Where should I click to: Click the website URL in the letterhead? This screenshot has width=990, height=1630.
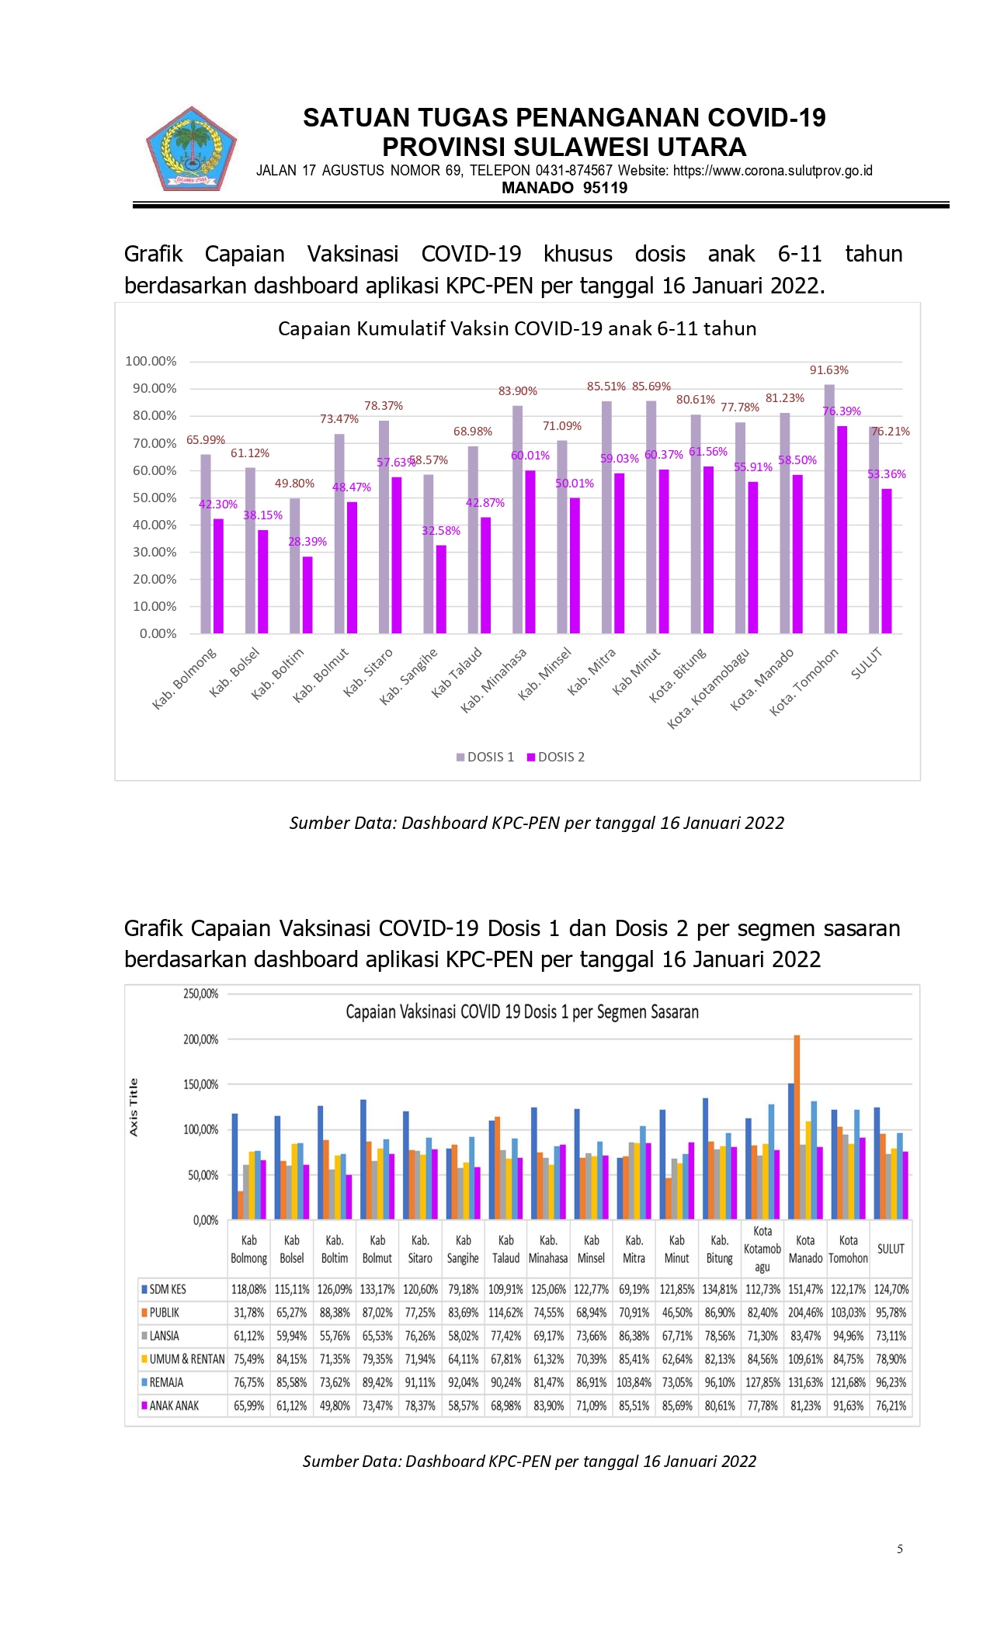tap(773, 171)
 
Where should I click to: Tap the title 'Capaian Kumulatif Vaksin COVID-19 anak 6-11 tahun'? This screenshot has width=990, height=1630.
tap(517, 328)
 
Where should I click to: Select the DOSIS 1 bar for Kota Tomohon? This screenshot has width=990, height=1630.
tap(829, 508)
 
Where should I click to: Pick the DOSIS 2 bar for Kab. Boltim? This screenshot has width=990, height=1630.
tap(308, 595)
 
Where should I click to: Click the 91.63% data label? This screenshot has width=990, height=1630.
tap(828, 370)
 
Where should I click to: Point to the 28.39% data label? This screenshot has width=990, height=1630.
tap(307, 541)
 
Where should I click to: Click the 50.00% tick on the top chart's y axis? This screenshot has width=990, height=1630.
tap(155, 498)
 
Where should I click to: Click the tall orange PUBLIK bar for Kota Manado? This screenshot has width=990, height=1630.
tap(797, 1126)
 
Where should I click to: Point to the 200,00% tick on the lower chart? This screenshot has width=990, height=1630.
tap(201, 1039)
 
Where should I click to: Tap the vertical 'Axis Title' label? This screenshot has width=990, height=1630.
tap(134, 1108)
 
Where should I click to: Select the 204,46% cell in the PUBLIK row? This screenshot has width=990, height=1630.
tap(805, 1313)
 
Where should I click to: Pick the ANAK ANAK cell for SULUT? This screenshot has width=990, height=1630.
tap(891, 1406)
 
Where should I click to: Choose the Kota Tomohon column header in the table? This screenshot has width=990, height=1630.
tap(848, 1249)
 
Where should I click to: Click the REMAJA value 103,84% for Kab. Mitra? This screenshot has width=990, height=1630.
tap(634, 1382)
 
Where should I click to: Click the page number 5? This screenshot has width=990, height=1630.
tap(900, 1548)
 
